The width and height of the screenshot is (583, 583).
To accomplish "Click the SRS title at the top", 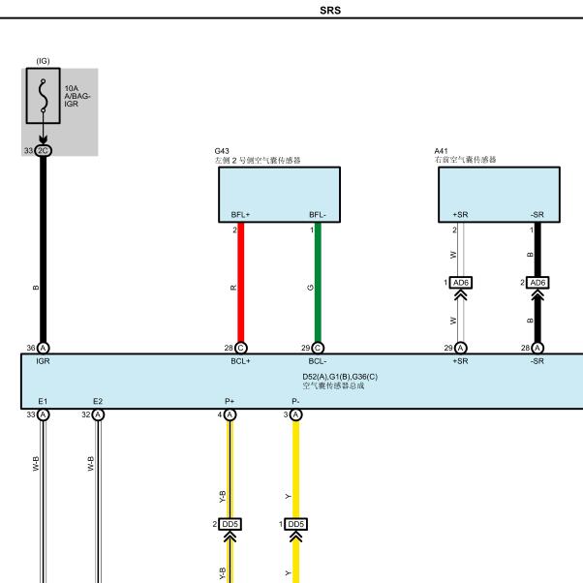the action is [x=330, y=10].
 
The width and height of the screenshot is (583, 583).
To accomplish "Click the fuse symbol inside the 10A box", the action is [x=44, y=96].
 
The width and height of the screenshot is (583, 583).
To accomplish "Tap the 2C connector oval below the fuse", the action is [x=44, y=150].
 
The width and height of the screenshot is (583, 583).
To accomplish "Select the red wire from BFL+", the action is [x=240, y=282].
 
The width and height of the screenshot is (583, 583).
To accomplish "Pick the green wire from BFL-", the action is [x=318, y=282].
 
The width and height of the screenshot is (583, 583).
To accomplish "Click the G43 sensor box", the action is [x=279, y=195].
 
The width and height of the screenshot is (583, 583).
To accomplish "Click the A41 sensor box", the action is [x=499, y=195].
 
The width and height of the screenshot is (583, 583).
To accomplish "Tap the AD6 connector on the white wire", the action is [x=461, y=283].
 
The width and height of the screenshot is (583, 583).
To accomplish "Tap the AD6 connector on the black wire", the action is [x=537, y=283].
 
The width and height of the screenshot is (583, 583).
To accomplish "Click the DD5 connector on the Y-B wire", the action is [x=230, y=524].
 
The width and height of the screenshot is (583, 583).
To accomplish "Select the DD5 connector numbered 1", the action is [x=296, y=524].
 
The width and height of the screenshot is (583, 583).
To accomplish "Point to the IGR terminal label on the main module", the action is [x=43, y=361].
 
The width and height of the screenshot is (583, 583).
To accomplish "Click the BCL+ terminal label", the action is [x=240, y=361].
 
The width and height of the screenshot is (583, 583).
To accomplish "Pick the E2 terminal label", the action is [x=98, y=401].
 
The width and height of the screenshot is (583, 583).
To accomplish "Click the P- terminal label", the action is [x=295, y=401].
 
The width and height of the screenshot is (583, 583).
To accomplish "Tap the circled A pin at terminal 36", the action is [x=44, y=348].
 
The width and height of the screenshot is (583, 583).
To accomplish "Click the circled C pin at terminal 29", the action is [x=318, y=348].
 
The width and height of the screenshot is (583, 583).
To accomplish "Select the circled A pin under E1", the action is [x=44, y=414].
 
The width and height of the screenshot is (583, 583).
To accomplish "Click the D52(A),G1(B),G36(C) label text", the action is [x=340, y=377].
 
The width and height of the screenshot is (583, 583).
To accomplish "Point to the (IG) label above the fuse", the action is [x=44, y=61].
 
